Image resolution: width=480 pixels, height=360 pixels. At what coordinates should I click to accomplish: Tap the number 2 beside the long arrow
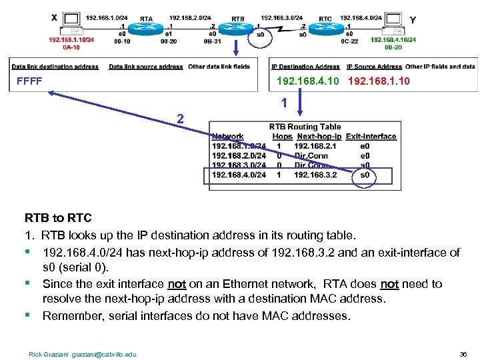(180, 119)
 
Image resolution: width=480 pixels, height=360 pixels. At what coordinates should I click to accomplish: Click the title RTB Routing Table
(305, 127)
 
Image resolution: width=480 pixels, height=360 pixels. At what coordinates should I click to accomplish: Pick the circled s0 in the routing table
(365, 175)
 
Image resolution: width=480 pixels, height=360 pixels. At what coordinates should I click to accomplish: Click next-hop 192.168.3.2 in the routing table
(316, 175)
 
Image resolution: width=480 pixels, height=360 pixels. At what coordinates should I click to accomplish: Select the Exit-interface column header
(371, 137)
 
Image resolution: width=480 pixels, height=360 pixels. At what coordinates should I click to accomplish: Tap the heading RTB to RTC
(58, 218)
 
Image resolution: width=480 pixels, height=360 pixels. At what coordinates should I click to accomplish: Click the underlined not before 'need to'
(389, 284)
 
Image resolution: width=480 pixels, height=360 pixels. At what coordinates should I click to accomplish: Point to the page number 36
(463, 354)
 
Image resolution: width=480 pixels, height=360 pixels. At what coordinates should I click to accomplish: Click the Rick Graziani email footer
(82, 354)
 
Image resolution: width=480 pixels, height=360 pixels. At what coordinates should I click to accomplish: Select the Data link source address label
(145, 67)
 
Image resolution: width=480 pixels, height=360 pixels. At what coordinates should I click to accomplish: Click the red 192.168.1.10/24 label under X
(71, 40)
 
